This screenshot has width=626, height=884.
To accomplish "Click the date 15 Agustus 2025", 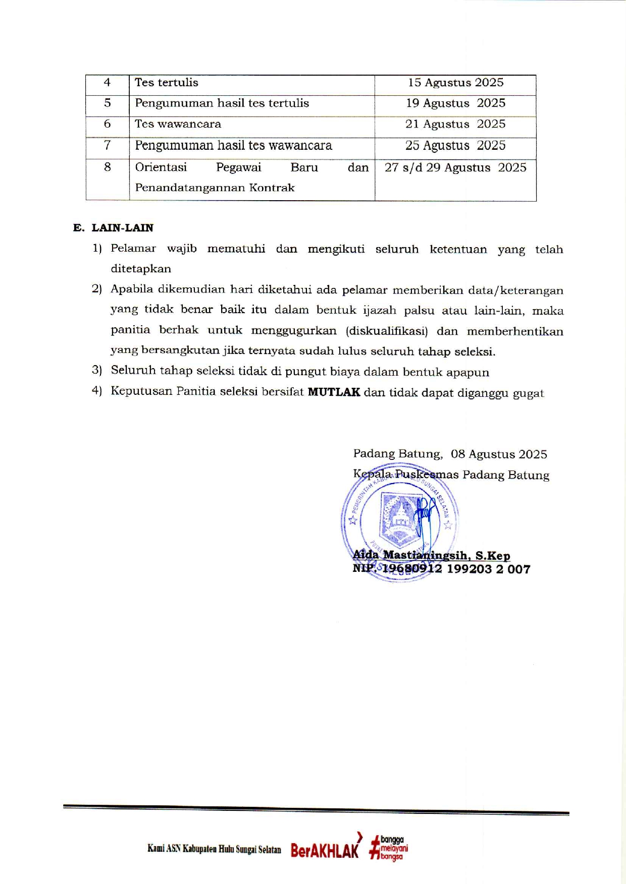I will click(455, 83).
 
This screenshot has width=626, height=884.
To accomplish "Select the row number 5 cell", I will click(108, 103).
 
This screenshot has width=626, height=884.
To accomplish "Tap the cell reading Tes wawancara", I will click(178, 124).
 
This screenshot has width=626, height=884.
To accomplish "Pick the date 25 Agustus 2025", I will click(455, 146).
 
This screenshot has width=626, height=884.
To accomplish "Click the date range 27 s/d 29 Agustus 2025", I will click(455, 168).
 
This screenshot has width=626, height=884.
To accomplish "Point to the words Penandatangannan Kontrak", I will click(215, 188).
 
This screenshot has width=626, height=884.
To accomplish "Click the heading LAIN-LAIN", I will click(122, 228).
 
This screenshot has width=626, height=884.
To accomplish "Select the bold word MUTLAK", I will click(334, 392).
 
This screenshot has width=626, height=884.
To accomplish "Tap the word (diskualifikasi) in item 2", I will click(387, 331).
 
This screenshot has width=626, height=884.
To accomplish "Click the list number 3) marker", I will click(97, 371).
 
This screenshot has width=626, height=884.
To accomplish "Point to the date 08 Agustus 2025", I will click(499, 454).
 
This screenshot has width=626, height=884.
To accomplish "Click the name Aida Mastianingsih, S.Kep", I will click(431, 556).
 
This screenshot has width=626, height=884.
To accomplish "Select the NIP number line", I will click(441, 569).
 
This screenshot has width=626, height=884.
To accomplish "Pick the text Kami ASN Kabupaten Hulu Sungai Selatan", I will click(214, 849).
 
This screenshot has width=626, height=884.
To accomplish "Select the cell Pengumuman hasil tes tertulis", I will click(222, 103).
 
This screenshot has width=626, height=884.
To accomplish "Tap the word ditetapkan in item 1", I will click(141, 269).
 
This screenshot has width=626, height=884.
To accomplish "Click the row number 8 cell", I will click(108, 167).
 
